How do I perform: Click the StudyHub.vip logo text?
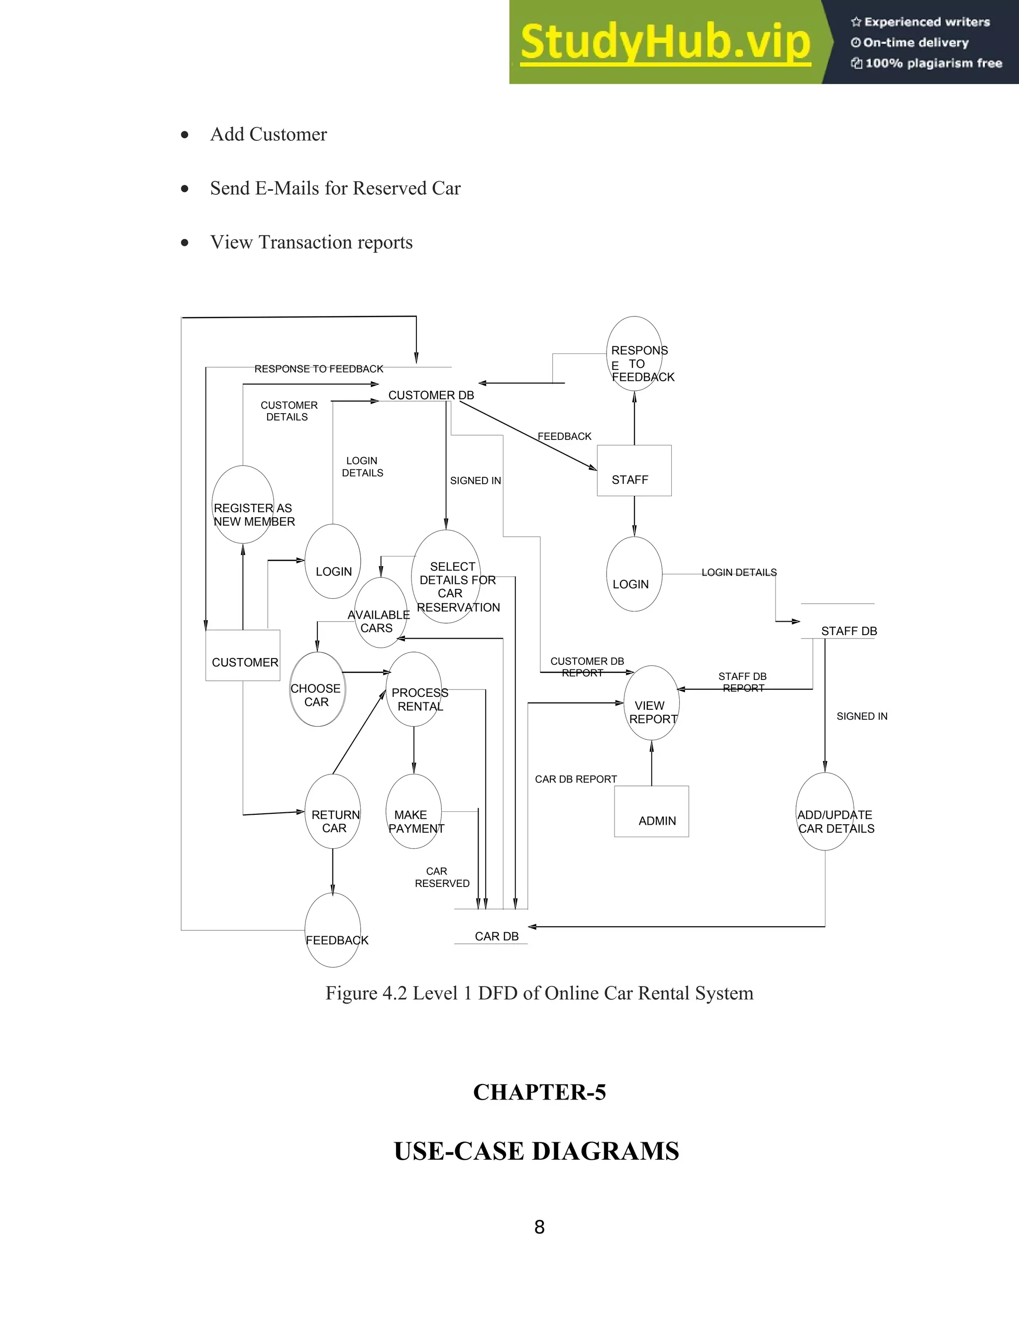click(x=665, y=42)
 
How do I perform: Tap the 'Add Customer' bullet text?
click(x=268, y=134)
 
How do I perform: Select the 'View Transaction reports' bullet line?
click(x=311, y=242)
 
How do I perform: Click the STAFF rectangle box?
click(x=634, y=470)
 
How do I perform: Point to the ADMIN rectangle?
click(x=651, y=811)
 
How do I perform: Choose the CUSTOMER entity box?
click(x=243, y=656)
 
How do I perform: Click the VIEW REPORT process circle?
click(x=651, y=703)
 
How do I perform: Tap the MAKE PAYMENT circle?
click(x=414, y=811)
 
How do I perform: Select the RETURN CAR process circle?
click(x=333, y=811)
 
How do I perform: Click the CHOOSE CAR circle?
click(x=317, y=689)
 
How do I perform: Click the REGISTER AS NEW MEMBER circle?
click(x=243, y=504)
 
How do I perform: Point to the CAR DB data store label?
click(x=496, y=936)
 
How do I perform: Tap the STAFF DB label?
click(x=848, y=631)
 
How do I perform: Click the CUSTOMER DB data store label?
click(x=431, y=395)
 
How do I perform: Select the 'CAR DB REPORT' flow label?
click(x=575, y=779)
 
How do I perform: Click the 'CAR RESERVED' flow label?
click(x=442, y=877)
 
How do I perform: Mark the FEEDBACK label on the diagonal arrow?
click(x=564, y=436)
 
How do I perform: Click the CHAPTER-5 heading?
click(x=539, y=1092)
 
